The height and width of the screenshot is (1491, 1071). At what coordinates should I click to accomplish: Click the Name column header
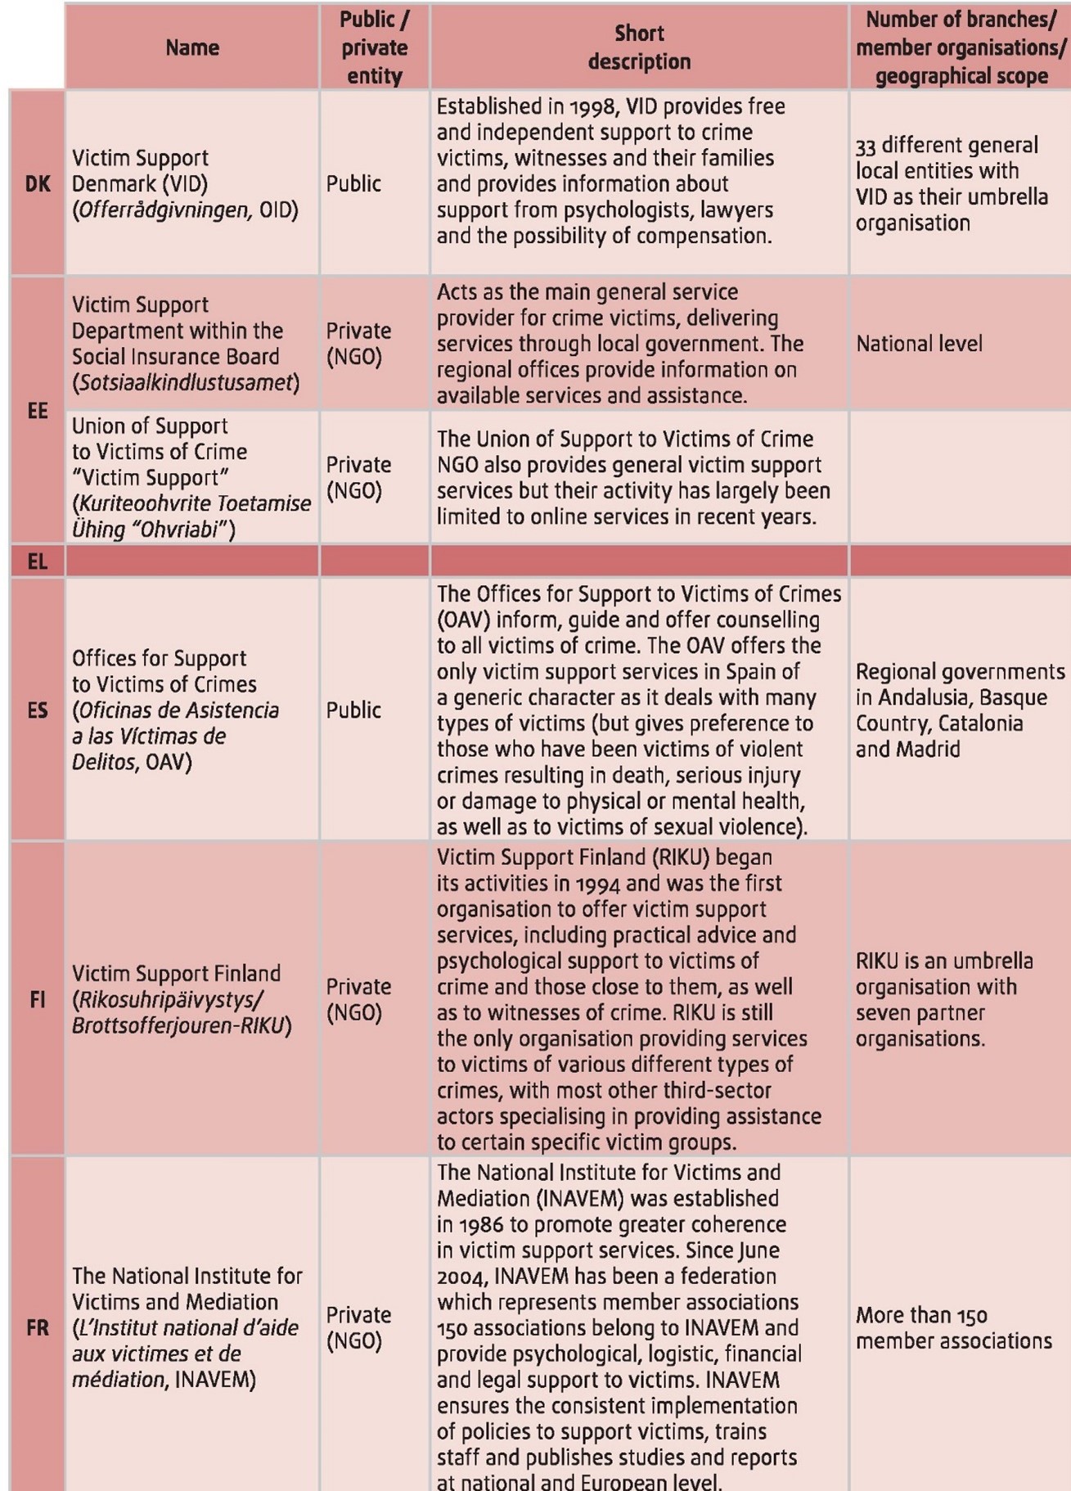pos(192,47)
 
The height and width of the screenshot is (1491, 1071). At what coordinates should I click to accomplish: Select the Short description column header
pos(639,47)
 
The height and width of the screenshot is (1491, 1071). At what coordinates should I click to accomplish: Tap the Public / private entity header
pos(374,47)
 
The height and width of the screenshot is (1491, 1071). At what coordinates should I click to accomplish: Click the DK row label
pos(38,183)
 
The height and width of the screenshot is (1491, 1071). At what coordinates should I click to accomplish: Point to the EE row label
pos(38,411)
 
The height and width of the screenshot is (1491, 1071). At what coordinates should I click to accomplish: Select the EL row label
pos(38,561)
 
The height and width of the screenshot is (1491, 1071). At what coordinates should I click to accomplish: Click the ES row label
pos(38,709)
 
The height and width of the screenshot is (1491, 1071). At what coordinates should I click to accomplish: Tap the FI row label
pos(38,999)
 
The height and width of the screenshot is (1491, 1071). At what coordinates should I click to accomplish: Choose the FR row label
pos(38,1327)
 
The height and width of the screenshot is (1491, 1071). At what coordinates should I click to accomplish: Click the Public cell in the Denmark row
pos(353,183)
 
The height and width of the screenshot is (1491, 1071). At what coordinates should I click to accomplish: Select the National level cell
pos(919,344)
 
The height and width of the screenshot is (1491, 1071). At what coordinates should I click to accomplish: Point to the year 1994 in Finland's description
pos(599,884)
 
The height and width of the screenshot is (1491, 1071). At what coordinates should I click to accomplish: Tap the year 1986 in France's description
pos(480,1224)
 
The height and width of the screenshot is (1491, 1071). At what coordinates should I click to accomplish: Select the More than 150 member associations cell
pos(953,1327)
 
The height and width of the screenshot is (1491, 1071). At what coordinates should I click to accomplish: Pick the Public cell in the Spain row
pos(353,709)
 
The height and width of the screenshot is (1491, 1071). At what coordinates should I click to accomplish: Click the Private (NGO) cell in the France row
pos(358,1327)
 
